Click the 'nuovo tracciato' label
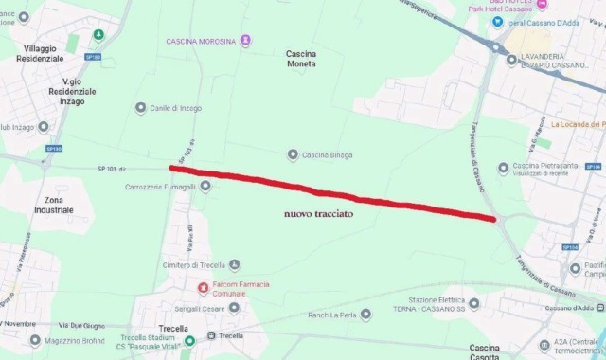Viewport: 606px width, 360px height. (318, 215)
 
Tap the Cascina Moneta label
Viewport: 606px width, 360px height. (301, 59)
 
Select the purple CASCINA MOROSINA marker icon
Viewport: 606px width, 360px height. (246, 41)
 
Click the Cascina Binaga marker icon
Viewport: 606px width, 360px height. (293, 154)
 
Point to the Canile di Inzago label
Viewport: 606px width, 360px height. (175, 108)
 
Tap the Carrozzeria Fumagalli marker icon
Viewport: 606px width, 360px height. (205, 187)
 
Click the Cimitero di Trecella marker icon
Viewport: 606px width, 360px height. (234, 265)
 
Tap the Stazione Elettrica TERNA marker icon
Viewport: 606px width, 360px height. (474, 304)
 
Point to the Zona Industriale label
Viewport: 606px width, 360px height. (53, 204)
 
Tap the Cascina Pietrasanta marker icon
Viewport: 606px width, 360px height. (517, 167)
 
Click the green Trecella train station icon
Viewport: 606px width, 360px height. (189, 341)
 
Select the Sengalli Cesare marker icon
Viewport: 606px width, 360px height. (234, 307)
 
